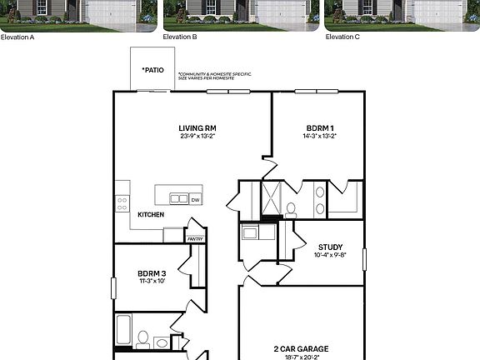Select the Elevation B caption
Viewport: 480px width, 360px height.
click(x=180, y=37)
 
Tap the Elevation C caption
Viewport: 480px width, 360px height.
click(x=342, y=37)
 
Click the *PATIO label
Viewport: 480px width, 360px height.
click(x=152, y=70)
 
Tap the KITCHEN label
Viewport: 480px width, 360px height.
click(x=151, y=214)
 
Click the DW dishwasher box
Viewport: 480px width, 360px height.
click(x=195, y=199)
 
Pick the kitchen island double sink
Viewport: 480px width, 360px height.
click(x=179, y=199)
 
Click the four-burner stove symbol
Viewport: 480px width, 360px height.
click(x=122, y=202)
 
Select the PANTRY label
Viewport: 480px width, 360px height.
click(x=195, y=239)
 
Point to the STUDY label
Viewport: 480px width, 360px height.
click(x=330, y=247)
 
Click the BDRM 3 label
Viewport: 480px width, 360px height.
click(x=152, y=273)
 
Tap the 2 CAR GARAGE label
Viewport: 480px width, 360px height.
click(x=301, y=348)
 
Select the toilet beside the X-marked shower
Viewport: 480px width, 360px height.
click(x=291, y=209)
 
